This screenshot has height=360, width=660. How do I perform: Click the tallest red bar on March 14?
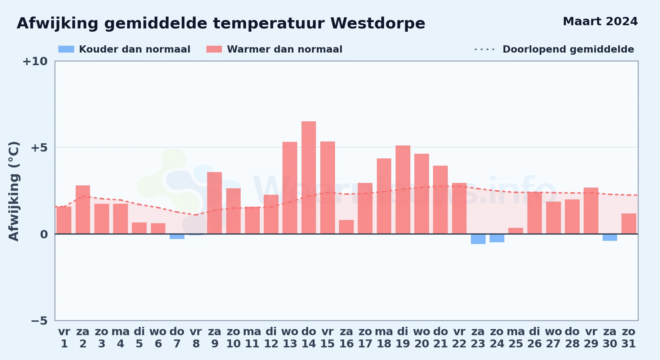(309, 177)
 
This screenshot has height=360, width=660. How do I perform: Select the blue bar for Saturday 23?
(478, 239)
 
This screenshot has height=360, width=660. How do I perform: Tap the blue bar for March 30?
(610, 237)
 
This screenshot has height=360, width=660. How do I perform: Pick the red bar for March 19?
(403, 190)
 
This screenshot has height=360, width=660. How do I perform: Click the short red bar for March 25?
(516, 231)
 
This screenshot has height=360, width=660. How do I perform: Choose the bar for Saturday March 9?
(215, 203)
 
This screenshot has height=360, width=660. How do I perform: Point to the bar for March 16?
(346, 227)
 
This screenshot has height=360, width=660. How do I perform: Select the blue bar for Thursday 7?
(177, 237)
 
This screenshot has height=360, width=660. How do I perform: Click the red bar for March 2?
(83, 210)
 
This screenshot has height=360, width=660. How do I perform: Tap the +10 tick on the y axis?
(35, 61)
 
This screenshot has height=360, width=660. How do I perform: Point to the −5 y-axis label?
(39, 320)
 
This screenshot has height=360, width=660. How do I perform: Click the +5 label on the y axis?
(39, 148)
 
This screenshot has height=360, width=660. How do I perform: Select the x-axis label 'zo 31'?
(629, 338)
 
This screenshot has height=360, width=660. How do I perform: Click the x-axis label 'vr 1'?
(64, 338)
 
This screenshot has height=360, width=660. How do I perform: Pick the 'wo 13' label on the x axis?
(290, 338)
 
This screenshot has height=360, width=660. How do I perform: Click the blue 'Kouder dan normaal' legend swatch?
(66, 49)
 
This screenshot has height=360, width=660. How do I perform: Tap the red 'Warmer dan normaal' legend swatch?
(214, 49)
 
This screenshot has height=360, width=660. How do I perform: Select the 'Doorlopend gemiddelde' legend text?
(568, 49)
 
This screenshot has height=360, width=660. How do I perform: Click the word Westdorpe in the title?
(378, 23)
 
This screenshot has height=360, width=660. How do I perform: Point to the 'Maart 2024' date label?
(600, 21)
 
